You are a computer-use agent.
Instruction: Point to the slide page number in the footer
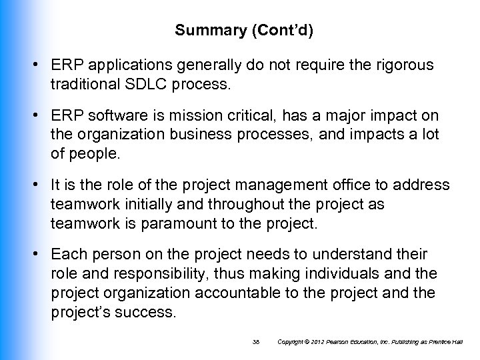(256, 342)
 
